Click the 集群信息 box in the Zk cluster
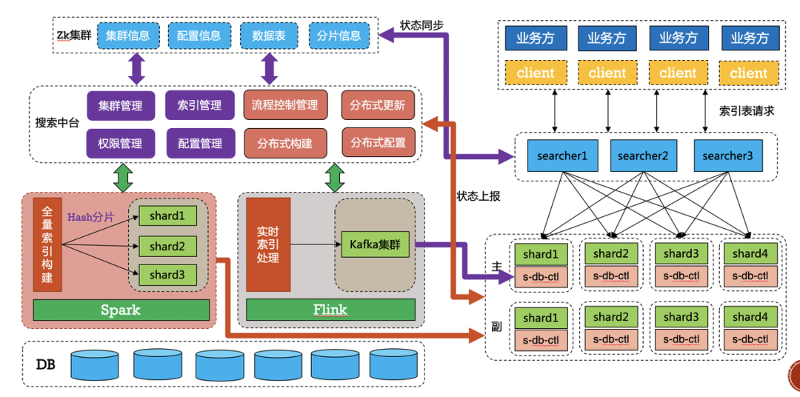[128, 36]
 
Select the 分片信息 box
[339, 36]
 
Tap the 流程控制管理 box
[285, 105]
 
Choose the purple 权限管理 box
[121, 143]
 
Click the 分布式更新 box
[378, 105]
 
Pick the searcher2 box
[642, 156]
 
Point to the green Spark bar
[121, 310]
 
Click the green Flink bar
[330, 310]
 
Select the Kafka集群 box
[376, 244]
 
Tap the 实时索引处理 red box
[268, 244]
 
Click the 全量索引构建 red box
[48, 244]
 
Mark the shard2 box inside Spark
[167, 246]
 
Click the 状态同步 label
[421, 24]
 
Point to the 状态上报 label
[479, 196]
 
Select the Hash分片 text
[91, 217]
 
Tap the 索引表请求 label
[747, 111]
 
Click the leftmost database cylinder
[95, 364]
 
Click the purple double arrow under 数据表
[269, 69]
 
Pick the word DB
[46, 364]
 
